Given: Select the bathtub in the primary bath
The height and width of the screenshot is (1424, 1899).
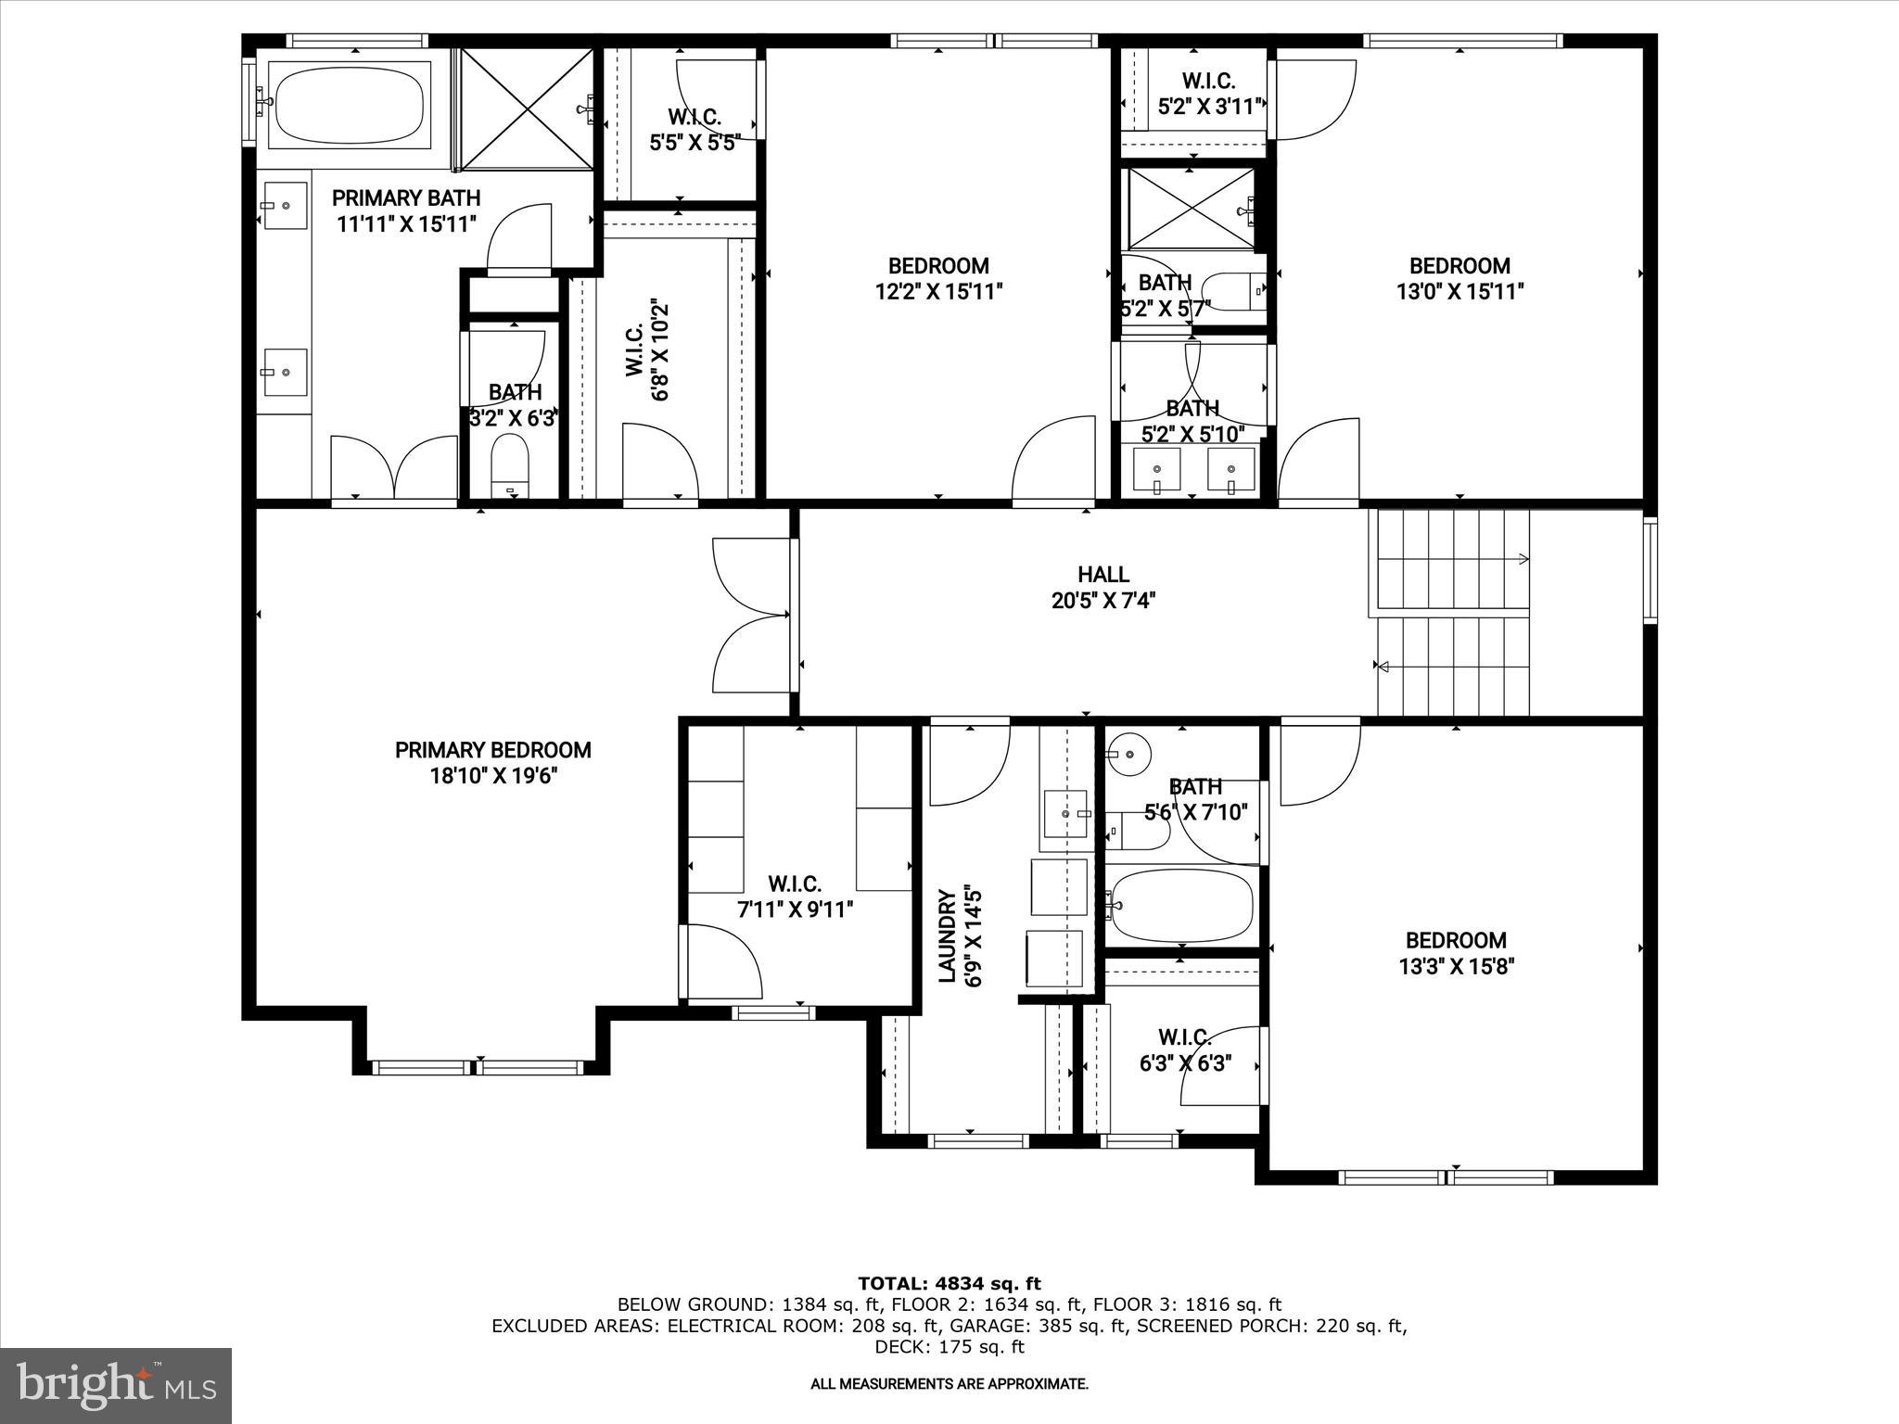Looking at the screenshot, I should [x=350, y=106].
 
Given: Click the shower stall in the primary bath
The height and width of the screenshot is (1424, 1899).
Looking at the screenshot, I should [x=527, y=109].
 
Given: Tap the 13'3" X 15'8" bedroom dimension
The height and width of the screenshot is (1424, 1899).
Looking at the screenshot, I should [x=1456, y=967].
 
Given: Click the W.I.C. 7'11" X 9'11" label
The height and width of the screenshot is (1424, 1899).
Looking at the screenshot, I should [x=795, y=896].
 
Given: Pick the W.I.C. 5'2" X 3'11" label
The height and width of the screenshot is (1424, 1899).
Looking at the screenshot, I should [x=1208, y=95].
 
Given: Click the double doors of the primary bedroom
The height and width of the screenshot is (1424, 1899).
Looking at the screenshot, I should [x=751, y=614].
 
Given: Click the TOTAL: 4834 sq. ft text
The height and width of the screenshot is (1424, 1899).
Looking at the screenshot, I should [x=949, y=1283].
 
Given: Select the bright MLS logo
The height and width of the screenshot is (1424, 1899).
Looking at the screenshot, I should [x=116, y=1385].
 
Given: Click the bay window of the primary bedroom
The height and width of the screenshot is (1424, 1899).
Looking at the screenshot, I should [x=478, y=1067].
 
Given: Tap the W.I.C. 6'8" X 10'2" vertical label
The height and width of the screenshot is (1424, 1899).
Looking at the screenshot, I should [x=646, y=350].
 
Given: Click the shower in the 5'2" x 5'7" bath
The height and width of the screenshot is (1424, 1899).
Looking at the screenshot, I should [x=1190, y=210].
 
